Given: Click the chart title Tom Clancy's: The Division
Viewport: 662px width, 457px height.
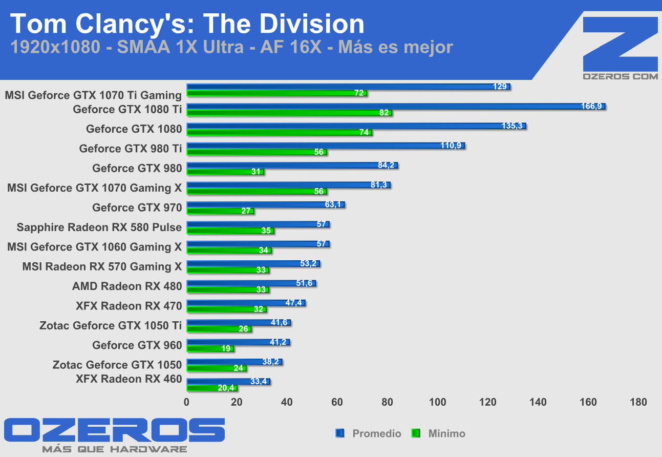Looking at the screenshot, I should [187, 24].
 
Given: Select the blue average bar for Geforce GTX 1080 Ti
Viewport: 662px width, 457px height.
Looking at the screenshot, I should [394, 107].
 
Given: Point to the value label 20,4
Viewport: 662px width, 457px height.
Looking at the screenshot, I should [226, 388].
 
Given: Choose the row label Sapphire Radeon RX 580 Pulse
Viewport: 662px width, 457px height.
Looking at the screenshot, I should [99, 227].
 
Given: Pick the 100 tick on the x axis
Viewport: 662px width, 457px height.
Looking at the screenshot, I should [438, 402].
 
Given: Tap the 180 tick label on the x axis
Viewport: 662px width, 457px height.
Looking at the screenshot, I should [639, 402].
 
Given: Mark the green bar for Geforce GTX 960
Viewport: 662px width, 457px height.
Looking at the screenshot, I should [210, 349].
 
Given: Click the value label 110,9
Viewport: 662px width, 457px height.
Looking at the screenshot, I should [451, 146].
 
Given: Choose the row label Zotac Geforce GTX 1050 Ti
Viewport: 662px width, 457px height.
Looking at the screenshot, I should [111, 325].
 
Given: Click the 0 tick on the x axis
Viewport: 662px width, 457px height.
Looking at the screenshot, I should [187, 402].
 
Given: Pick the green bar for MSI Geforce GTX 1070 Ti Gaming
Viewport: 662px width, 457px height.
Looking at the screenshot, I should [276, 94].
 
